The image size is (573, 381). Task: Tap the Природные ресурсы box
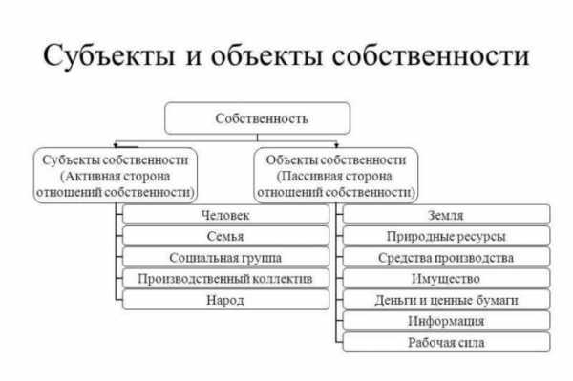point(446,237)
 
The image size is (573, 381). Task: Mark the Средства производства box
point(446,258)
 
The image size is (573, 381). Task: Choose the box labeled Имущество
point(446,279)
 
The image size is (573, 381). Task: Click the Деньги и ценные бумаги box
point(446,300)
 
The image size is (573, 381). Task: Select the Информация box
point(446,321)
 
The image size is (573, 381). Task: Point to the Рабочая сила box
point(446,342)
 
